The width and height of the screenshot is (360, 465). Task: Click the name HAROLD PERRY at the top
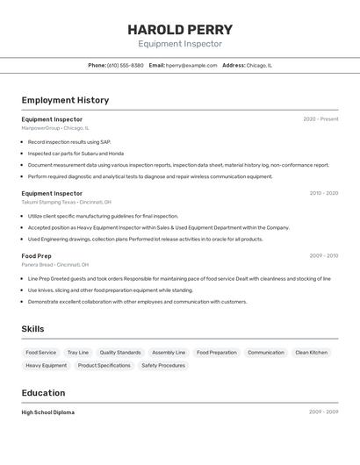[x=180, y=29]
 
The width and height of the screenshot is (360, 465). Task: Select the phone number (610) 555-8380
[x=126, y=65]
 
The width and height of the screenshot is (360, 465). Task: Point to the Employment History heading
[x=65, y=100]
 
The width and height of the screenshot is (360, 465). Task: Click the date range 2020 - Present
[x=320, y=119]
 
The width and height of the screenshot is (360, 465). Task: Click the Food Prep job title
[x=37, y=256]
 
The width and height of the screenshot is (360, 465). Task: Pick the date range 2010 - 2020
[x=323, y=193]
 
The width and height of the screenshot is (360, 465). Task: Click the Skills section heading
[x=33, y=329]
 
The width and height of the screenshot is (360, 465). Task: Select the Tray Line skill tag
[x=78, y=353]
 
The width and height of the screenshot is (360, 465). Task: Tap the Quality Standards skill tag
[x=120, y=353]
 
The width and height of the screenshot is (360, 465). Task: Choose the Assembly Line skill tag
[x=169, y=353]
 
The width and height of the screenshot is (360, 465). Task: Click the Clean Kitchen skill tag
[x=311, y=353]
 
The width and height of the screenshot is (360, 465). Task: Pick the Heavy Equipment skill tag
[x=46, y=365]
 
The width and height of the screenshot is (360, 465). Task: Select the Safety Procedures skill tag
[x=163, y=365]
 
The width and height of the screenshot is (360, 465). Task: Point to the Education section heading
[x=43, y=393]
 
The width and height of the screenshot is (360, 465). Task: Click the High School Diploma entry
[x=48, y=412]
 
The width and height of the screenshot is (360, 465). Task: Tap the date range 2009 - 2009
[x=323, y=411]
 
